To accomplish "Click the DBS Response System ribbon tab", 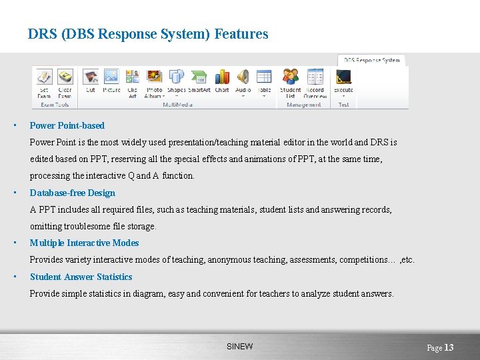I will [372, 60].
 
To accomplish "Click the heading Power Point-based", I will [67, 125].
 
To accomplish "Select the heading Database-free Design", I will [73, 193].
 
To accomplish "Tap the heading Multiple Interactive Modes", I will [85, 243].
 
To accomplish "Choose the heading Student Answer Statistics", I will [81, 277].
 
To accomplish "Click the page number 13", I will [449, 347].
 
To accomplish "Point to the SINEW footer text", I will [240, 347].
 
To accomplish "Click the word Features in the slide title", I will [241, 34].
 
